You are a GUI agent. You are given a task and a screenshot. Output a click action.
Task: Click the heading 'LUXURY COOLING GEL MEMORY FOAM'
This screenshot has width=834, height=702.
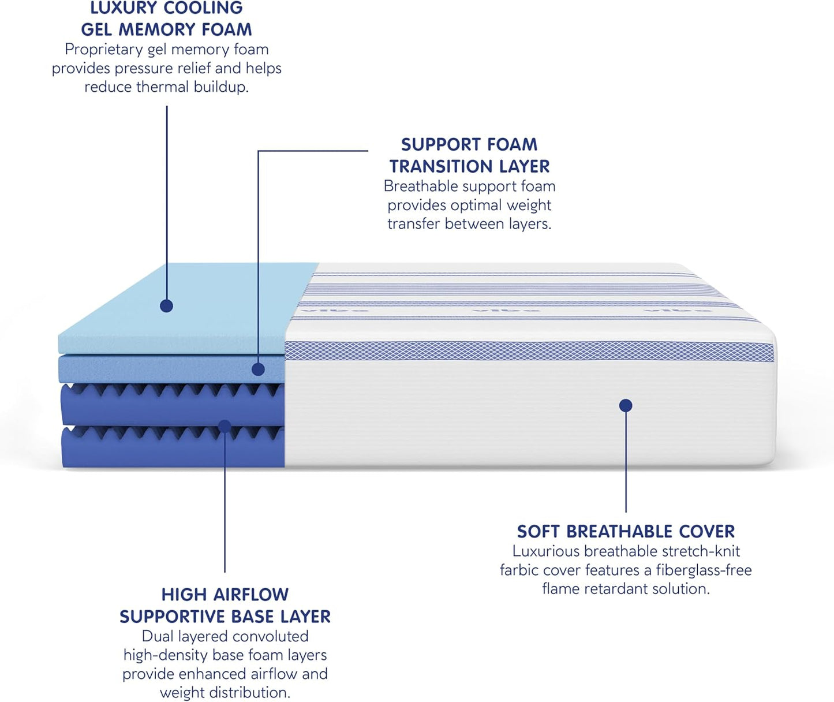click(x=166, y=18)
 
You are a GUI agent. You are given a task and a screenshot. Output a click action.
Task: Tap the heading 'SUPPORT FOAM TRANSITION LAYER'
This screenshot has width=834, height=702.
click(x=469, y=155)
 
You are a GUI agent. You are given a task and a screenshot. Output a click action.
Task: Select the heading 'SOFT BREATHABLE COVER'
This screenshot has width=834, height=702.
click(x=626, y=531)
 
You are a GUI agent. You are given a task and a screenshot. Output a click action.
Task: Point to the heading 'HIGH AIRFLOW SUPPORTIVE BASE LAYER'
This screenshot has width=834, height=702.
click(x=225, y=606)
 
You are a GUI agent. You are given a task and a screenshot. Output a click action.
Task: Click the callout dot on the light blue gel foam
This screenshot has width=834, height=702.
click(x=167, y=306)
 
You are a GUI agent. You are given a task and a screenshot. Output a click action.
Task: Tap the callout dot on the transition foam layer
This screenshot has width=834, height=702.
click(x=259, y=369)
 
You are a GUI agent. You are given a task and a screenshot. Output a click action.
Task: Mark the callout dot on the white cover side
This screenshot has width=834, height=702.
click(x=626, y=405)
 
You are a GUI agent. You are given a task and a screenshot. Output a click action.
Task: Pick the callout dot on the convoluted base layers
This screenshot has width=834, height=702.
click(x=225, y=427)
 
